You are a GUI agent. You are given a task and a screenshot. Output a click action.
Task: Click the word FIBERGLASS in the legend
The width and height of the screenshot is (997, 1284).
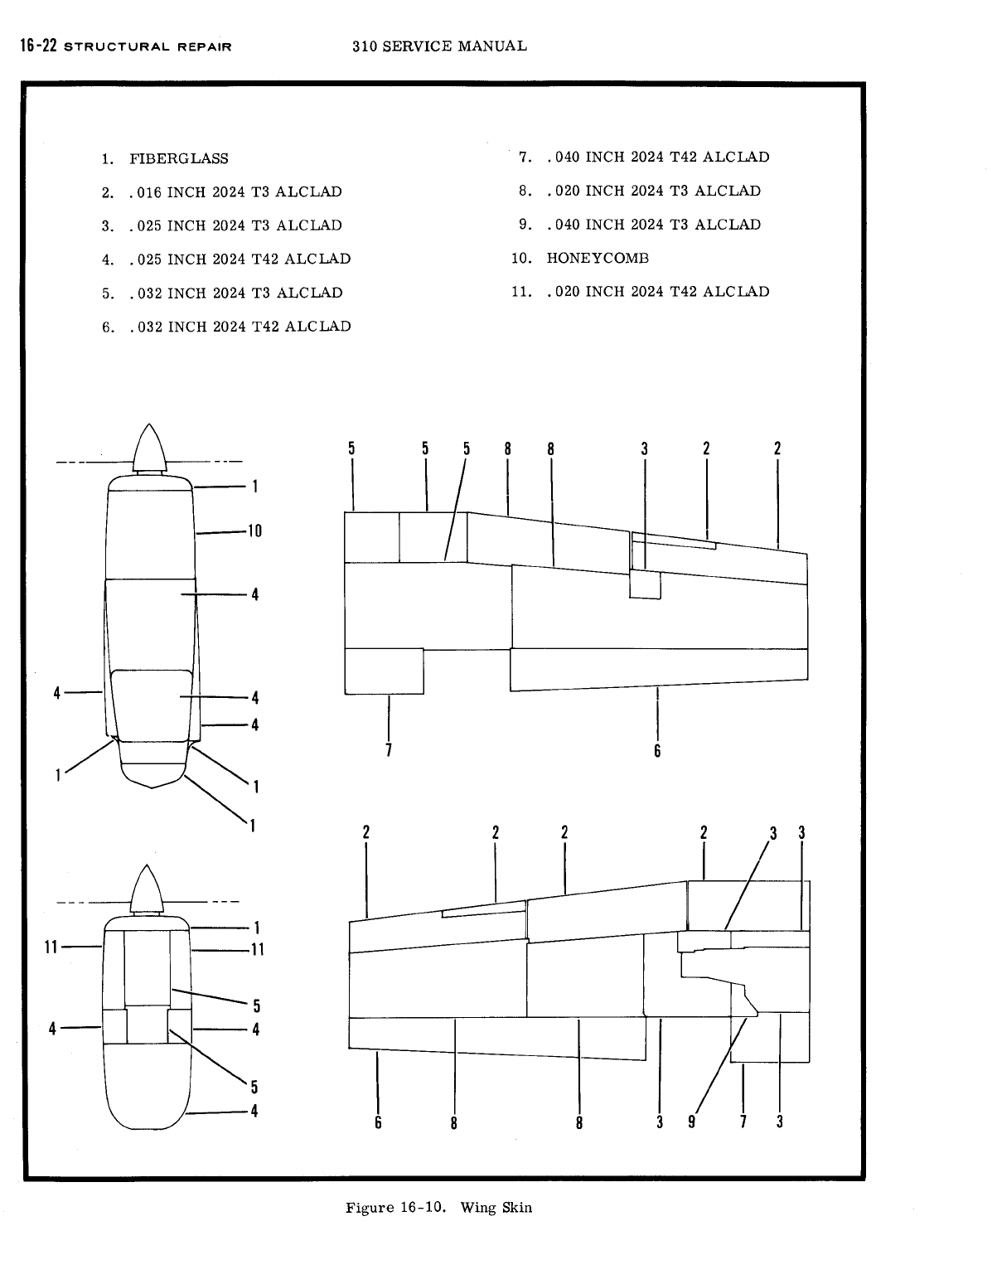click(x=178, y=158)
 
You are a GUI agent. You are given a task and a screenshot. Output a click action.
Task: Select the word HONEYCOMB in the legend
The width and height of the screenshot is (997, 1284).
click(x=598, y=258)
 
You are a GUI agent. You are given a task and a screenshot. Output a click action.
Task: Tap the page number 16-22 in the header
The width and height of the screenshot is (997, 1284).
click(x=38, y=46)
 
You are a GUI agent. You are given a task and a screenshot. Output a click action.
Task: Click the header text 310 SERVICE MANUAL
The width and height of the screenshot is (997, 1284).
click(x=439, y=46)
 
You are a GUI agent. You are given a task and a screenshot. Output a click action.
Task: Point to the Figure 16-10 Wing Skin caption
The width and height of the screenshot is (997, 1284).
click(x=438, y=1207)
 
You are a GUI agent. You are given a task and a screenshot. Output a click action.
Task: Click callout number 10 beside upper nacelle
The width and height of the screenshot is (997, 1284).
click(x=254, y=531)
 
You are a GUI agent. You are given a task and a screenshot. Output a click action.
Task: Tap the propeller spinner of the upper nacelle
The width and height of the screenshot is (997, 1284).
click(x=149, y=448)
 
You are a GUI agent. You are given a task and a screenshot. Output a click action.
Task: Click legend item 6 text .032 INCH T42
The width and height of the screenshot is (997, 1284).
click(x=240, y=327)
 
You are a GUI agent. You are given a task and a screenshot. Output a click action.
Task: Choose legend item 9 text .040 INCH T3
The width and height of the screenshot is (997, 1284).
click(x=653, y=225)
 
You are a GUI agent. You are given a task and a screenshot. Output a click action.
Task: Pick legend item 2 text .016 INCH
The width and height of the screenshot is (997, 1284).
click(x=235, y=192)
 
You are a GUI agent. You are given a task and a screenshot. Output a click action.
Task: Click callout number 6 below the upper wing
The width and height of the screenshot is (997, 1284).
click(x=657, y=751)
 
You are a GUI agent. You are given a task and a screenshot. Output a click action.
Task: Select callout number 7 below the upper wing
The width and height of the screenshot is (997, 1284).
click(x=388, y=751)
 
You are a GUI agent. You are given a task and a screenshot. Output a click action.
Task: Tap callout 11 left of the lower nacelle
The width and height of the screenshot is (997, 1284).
click(x=51, y=947)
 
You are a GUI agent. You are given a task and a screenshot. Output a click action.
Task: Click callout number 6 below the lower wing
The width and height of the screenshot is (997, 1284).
click(x=378, y=1122)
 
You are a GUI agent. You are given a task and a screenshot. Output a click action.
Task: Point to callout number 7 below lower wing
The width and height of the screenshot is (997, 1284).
click(x=743, y=1122)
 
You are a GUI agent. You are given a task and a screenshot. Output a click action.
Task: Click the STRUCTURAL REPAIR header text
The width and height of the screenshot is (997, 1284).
click(x=148, y=46)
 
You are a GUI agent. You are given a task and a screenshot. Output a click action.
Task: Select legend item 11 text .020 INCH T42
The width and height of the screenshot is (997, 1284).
click(x=657, y=292)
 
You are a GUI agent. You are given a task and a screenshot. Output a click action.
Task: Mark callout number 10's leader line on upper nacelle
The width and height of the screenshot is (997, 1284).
click(x=221, y=533)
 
